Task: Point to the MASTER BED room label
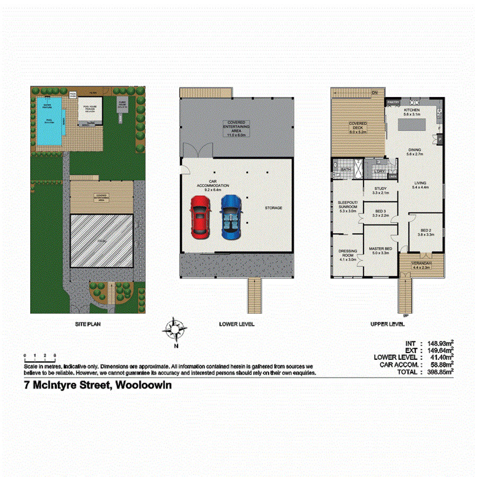[380, 251]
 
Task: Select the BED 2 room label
[427, 232]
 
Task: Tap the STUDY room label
[380, 190]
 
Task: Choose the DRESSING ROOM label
[347, 255]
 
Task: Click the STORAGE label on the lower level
[273, 208]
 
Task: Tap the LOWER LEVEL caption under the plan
[237, 323]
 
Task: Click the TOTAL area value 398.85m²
[438, 373]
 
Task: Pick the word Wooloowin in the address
[144, 386]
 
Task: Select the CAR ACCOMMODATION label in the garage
[213, 183]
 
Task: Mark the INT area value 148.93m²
[438, 343]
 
